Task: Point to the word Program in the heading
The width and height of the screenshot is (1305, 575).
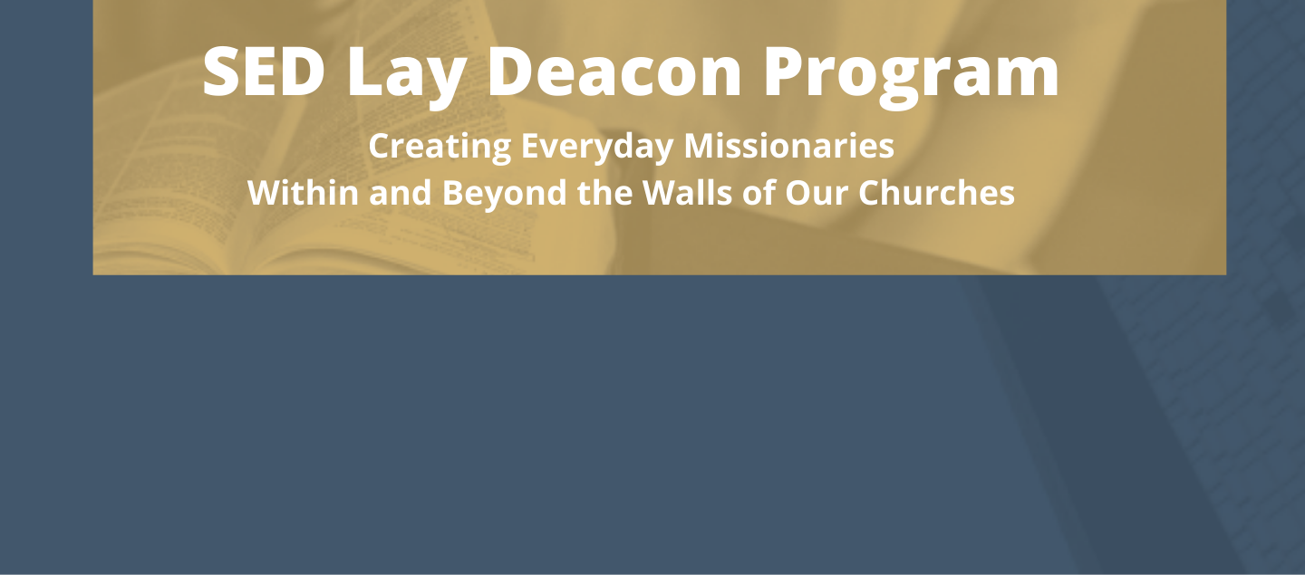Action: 911,77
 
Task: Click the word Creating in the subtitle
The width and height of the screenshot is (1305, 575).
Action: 440,146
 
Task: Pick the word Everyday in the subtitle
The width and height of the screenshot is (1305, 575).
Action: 597,146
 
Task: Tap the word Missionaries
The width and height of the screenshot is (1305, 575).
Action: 788,145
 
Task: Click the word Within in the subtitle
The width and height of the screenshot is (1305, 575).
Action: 303,192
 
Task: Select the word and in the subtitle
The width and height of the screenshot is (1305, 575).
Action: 401,192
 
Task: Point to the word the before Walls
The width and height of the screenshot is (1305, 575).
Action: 604,192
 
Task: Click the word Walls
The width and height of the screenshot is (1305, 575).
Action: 688,192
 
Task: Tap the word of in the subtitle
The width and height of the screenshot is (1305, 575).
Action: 759,192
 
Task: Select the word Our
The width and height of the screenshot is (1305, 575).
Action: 817,193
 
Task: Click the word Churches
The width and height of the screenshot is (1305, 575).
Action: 936,192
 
